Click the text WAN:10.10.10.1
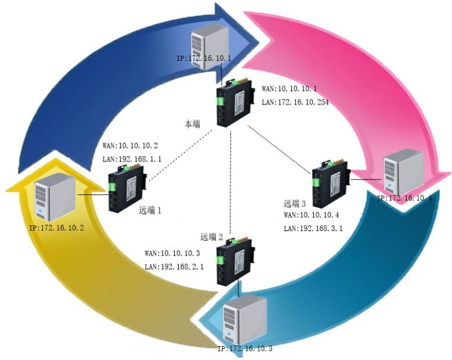[290, 89]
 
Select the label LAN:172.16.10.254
[295, 102]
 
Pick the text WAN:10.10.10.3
[172, 254]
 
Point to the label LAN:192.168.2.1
[174, 267]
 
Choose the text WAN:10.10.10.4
[312, 215]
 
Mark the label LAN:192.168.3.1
[313, 228]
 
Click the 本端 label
[193, 123]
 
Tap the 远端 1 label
[150, 211]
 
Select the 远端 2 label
[212, 237]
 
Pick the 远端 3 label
[295, 203]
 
